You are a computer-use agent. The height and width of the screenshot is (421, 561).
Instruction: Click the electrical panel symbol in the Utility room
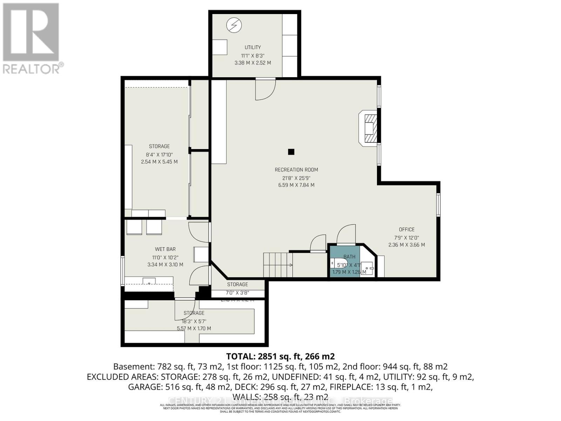(x=234, y=25)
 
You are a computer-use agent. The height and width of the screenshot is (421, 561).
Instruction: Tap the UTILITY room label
(x=252, y=47)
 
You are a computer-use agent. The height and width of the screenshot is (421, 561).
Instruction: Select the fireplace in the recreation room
(x=369, y=128)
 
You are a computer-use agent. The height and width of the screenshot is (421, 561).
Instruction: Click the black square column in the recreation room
(x=291, y=152)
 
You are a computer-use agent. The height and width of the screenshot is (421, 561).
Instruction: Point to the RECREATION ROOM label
(x=296, y=170)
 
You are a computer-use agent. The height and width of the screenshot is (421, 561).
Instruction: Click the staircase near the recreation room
(x=278, y=265)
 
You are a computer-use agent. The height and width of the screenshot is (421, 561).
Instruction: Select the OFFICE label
(x=406, y=229)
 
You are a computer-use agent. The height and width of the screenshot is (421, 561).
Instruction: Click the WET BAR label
(x=165, y=249)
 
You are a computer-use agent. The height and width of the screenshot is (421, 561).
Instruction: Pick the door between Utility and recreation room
(x=265, y=89)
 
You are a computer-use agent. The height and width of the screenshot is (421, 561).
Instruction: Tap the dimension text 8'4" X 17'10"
(x=159, y=154)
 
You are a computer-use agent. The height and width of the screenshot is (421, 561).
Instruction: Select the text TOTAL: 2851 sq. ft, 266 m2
(x=280, y=356)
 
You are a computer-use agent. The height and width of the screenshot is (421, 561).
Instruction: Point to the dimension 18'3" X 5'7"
(x=194, y=321)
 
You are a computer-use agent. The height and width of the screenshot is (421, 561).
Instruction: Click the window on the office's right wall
(x=438, y=204)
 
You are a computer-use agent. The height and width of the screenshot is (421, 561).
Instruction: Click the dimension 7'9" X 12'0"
(x=406, y=238)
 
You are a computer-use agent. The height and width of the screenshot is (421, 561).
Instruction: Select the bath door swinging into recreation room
(x=346, y=234)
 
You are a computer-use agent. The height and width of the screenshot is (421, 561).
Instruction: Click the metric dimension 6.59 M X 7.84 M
(x=296, y=185)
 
